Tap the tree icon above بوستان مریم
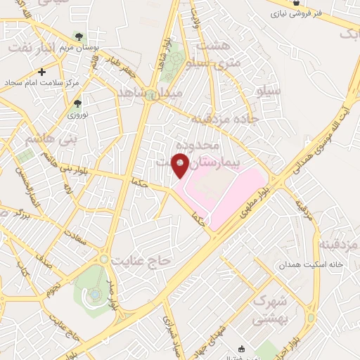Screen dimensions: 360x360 (x=79, y=37)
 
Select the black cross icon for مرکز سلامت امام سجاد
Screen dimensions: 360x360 (x=42, y=72)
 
